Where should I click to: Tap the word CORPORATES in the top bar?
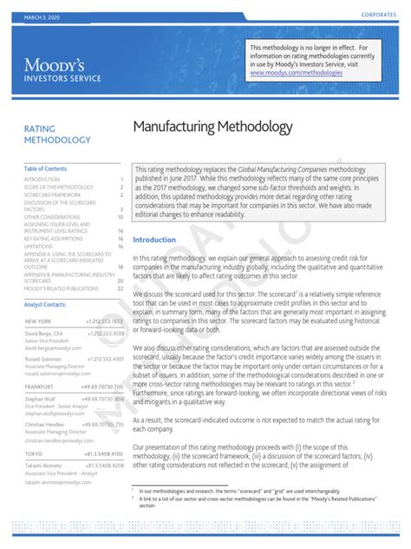coord(379,17)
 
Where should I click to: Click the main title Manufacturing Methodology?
coord(213,128)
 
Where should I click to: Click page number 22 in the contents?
coord(121,288)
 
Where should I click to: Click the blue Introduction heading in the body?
coord(154,240)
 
